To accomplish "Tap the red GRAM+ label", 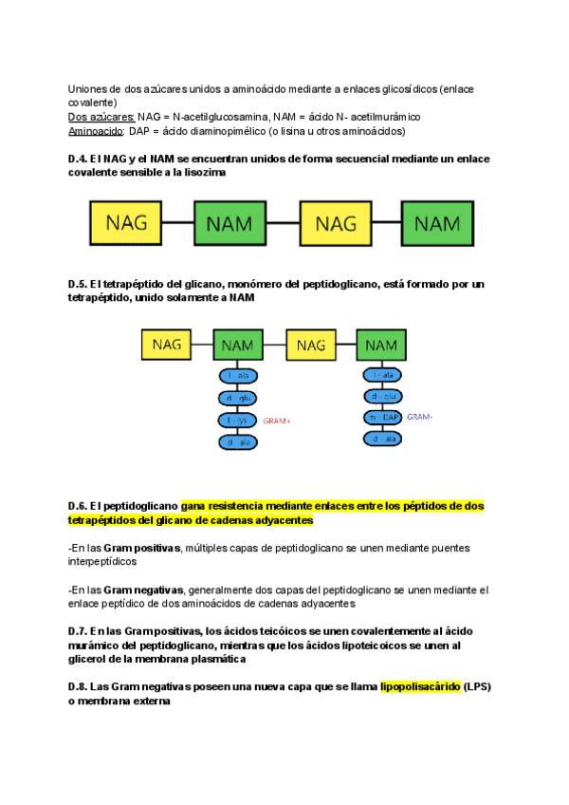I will [x=277, y=420].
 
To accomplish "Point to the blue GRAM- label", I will [x=419, y=417].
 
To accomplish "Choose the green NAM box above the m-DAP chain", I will [x=380, y=346].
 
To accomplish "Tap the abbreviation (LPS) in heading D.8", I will [x=482, y=686].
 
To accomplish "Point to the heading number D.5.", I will [x=78, y=284].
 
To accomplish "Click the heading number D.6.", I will [x=78, y=506].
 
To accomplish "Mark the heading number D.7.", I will [x=78, y=630].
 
